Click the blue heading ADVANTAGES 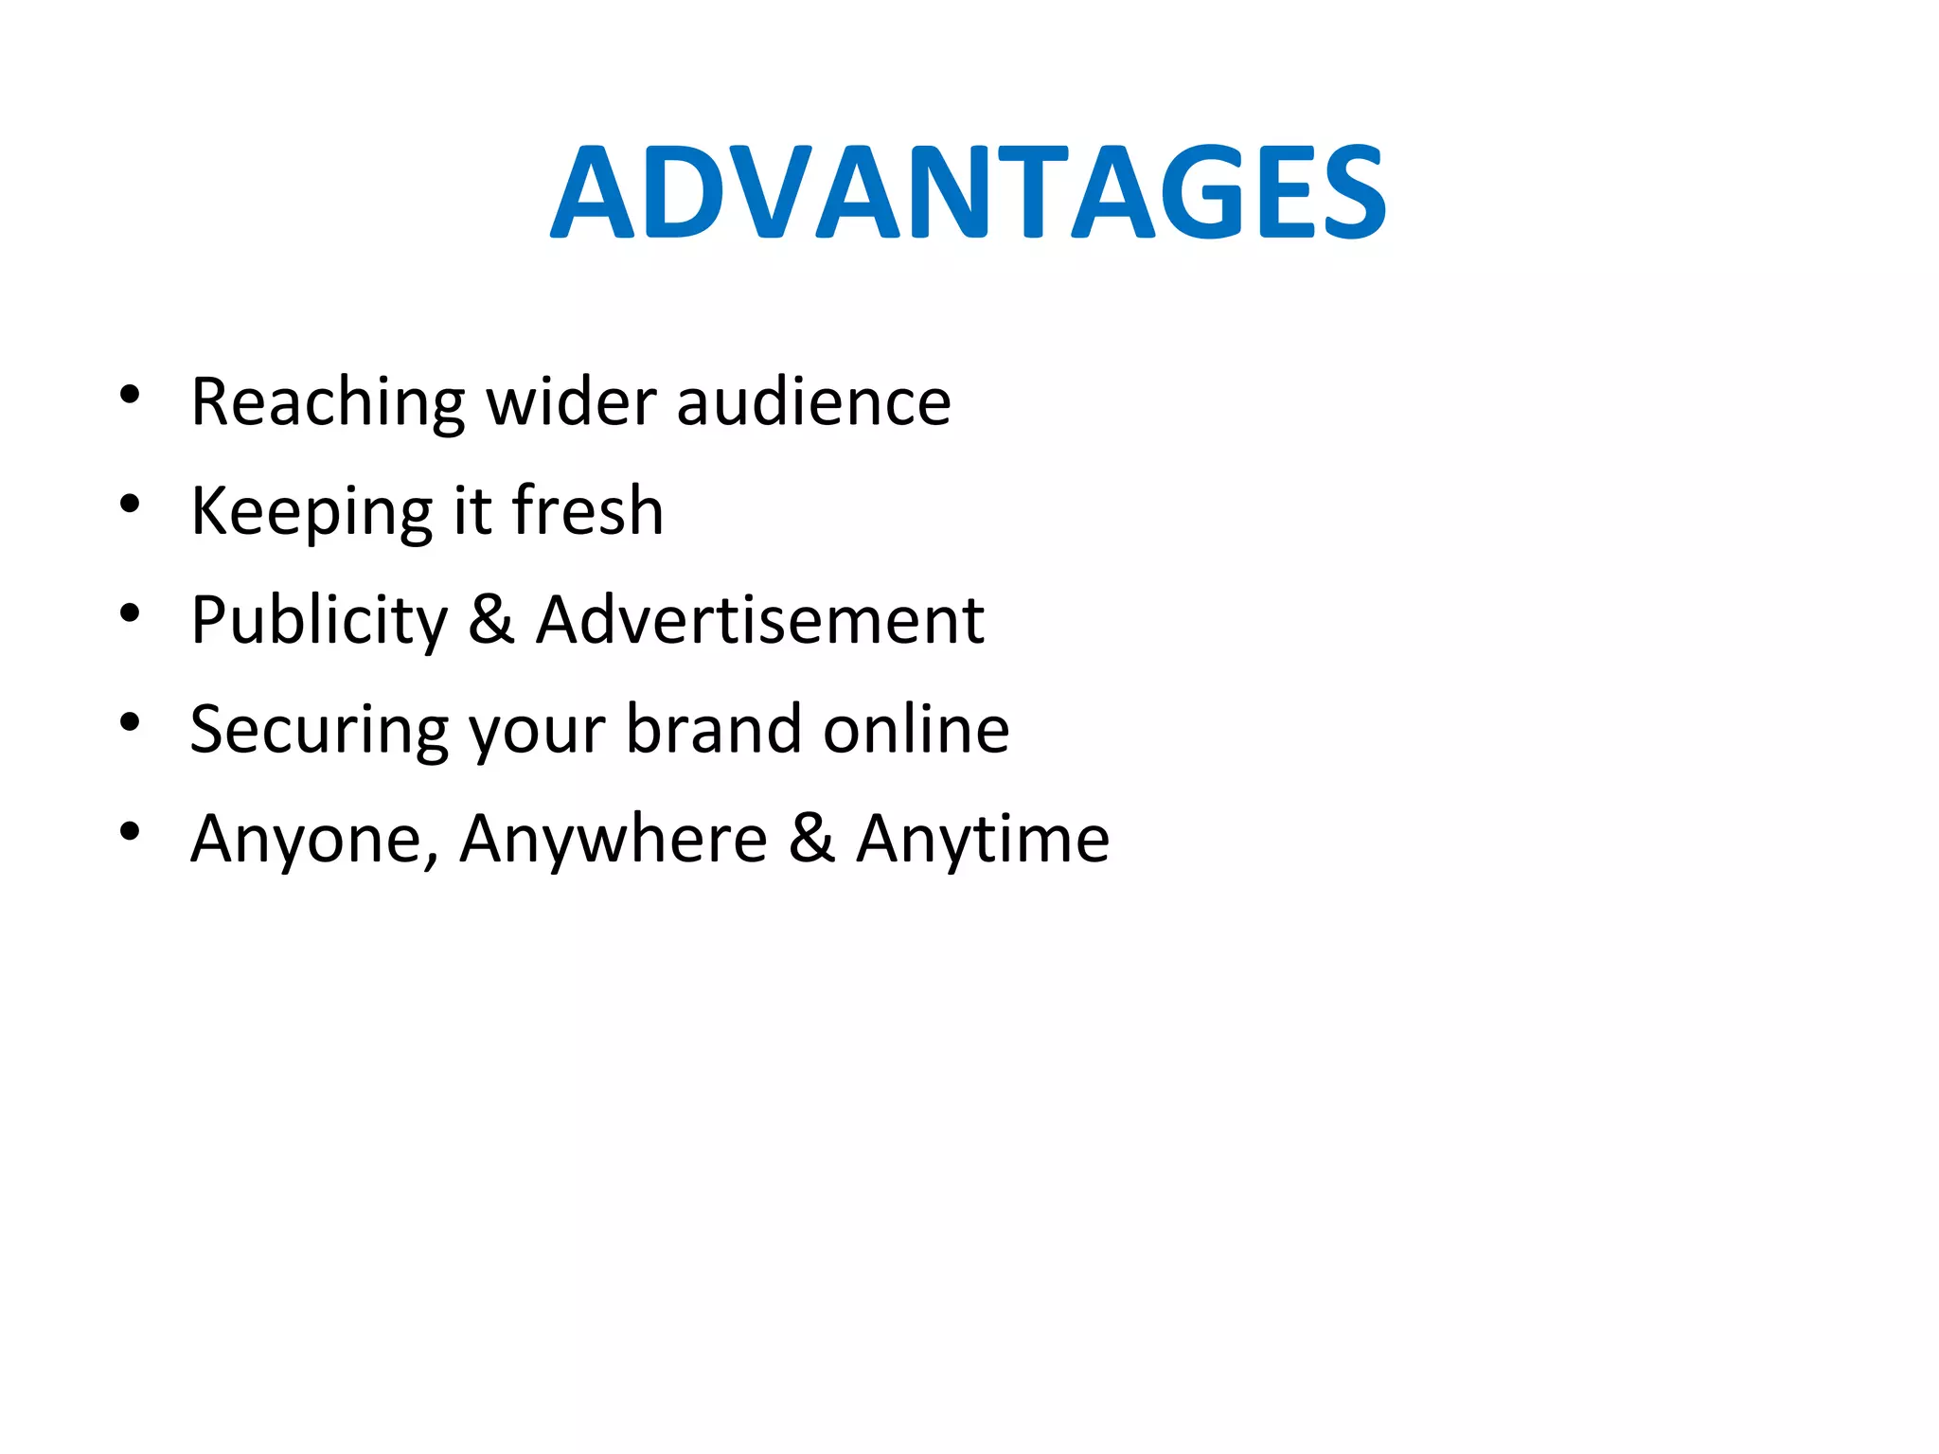(x=968, y=192)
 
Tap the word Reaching (x=328, y=402)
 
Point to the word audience (x=813, y=402)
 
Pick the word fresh (x=587, y=510)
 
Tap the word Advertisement (x=760, y=620)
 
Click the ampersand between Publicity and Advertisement (x=491, y=620)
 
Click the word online (x=916, y=729)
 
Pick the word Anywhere (x=614, y=840)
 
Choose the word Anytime (x=982, y=840)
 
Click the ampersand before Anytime (x=812, y=839)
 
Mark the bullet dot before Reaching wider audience (x=131, y=395)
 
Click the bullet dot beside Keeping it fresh (x=131, y=504)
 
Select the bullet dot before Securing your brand (x=131, y=722)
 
